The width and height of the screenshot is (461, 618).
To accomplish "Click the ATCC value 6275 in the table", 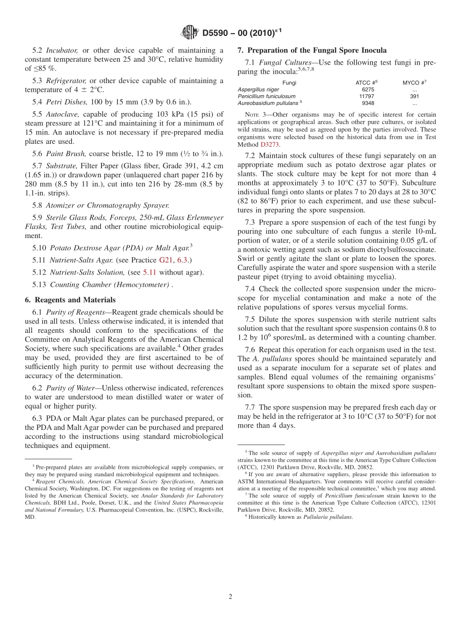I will tap(368, 89).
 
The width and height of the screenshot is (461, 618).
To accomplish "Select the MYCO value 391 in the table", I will tap(414, 96).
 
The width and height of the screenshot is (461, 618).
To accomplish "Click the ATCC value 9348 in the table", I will tap(368, 103).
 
